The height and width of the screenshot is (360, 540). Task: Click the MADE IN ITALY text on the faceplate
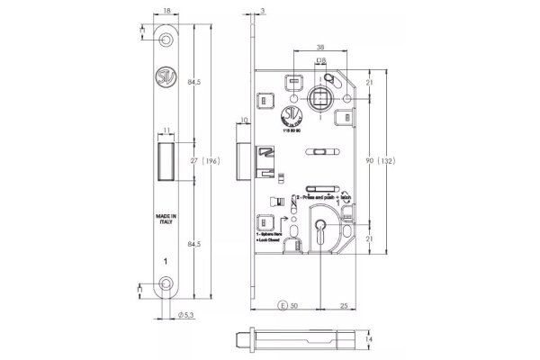(x=166, y=221)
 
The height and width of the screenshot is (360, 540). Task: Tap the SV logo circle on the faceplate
(x=167, y=76)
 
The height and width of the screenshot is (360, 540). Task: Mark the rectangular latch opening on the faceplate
(x=167, y=160)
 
